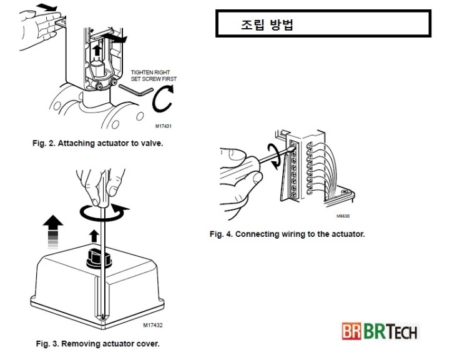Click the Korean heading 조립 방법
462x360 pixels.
tap(267, 26)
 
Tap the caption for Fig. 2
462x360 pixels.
tap(97, 143)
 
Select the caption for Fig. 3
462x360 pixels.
tap(97, 343)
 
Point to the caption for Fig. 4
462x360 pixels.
tap(287, 234)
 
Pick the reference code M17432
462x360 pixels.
tap(152, 326)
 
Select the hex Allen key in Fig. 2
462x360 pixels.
tap(135, 89)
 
